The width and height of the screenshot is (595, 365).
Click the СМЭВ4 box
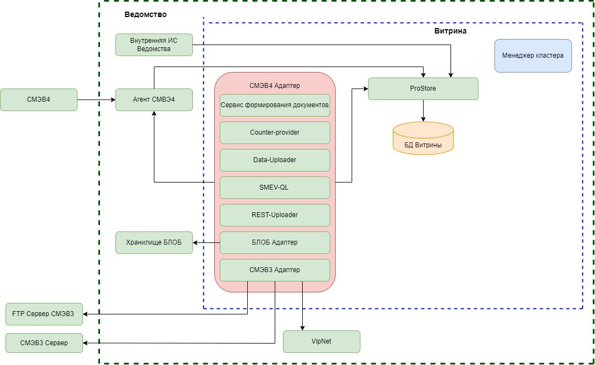[x=38, y=99]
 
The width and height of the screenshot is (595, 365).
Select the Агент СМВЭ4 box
[x=154, y=99]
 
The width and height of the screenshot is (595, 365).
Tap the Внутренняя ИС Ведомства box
[x=154, y=45]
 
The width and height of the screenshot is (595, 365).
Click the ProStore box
[x=423, y=89]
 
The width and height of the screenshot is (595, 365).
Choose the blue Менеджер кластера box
[x=533, y=56]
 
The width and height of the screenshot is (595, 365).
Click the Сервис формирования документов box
[x=275, y=105]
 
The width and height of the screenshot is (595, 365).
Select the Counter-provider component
[x=275, y=132]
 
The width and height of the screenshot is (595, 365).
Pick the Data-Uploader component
[x=275, y=160]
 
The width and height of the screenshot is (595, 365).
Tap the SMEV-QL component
[x=275, y=187]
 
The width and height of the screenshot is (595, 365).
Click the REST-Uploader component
[x=275, y=215]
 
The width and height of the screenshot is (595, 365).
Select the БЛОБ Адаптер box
[x=275, y=242]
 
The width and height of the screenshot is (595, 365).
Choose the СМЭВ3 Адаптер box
[x=275, y=270]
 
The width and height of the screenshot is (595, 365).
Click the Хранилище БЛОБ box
[x=154, y=242]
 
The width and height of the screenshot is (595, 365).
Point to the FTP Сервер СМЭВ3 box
[x=44, y=314]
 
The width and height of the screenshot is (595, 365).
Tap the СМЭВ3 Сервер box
[x=44, y=342]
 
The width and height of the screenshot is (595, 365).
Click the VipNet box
[x=321, y=341]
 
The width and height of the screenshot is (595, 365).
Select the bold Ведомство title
[x=146, y=14]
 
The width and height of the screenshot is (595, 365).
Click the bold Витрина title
[x=451, y=31]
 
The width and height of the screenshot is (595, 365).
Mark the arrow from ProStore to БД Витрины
[x=423, y=110]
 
